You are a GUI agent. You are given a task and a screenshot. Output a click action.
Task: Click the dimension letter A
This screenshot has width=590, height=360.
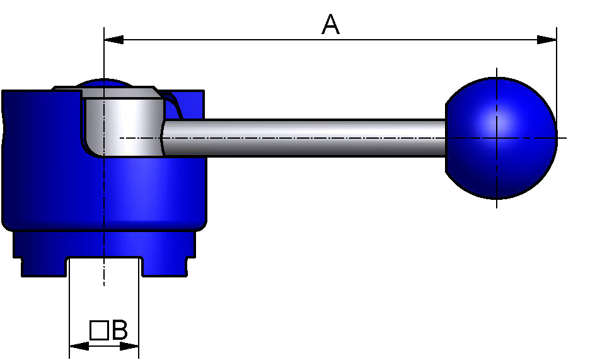pyautogui.click(x=331, y=25)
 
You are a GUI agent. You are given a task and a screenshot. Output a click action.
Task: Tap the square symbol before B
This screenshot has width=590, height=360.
pyautogui.click(x=98, y=330)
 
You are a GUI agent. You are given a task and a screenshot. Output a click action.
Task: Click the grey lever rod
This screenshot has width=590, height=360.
pyautogui.click(x=303, y=137)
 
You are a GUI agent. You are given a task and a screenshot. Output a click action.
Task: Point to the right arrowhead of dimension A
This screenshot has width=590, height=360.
pyautogui.click(x=547, y=40)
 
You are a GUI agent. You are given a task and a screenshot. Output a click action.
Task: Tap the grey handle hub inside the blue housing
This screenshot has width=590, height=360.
pyautogui.click(x=123, y=123)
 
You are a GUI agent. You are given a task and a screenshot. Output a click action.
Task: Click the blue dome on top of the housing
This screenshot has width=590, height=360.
pyautogui.click(x=104, y=83)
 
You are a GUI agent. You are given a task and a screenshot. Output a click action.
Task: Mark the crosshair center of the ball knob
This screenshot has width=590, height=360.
pyautogui.click(x=497, y=137)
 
